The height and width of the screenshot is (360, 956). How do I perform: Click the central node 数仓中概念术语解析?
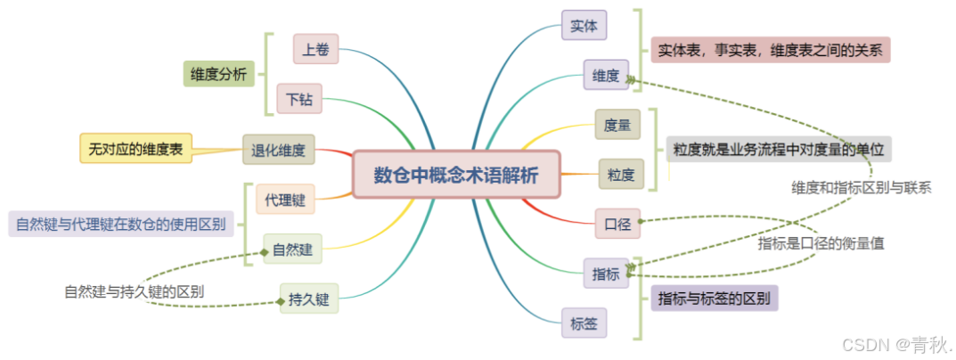tap(455, 174)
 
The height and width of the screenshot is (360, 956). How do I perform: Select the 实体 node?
tap(584, 25)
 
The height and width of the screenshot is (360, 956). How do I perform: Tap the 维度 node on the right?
tap(606, 76)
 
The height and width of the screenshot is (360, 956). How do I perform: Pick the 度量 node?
tap(617, 125)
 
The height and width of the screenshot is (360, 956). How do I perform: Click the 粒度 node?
tap(621, 173)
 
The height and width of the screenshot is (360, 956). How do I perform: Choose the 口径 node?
tap(617, 225)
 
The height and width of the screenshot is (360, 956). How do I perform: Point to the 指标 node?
tap(606, 274)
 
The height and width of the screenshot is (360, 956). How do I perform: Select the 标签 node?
tap(584, 323)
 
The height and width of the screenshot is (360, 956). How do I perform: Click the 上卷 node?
tap(315, 50)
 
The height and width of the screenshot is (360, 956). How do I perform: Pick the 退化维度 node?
tap(279, 150)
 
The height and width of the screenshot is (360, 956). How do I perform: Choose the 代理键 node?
tap(285, 200)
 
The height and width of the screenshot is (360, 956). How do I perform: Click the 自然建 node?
tap(292, 250)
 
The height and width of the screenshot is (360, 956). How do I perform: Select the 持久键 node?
tap(309, 299)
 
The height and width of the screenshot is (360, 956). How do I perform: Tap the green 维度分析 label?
tap(219, 73)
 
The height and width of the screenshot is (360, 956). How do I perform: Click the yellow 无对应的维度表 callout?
tap(136, 149)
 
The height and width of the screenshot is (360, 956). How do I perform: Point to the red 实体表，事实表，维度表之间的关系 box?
tap(771, 50)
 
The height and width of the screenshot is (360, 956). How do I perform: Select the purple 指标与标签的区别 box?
tap(715, 298)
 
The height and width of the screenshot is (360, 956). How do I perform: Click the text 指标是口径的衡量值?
tap(821, 242)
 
